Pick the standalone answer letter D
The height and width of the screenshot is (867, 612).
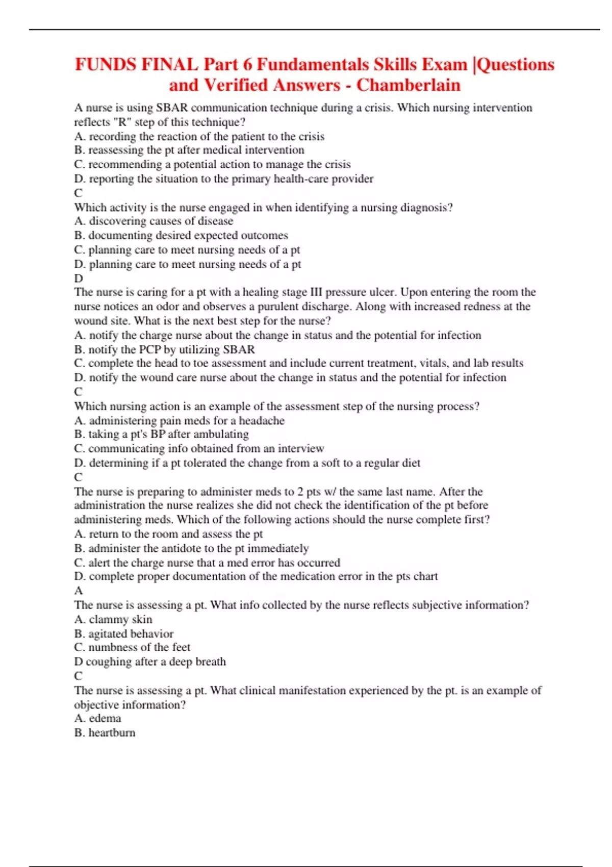(x=79, y=278)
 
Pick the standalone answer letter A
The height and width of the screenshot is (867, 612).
(x=79, y=591)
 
